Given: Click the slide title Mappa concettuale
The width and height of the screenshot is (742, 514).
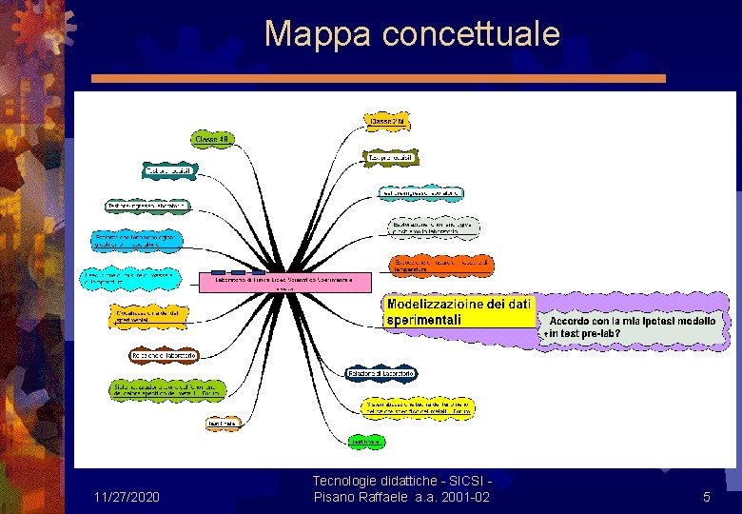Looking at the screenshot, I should [412, 33].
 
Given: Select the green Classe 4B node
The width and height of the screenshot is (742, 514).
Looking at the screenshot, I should [214, 140].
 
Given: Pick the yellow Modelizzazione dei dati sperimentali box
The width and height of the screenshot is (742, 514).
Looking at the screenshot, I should [459, 312].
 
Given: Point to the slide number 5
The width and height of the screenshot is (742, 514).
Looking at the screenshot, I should [706, 497].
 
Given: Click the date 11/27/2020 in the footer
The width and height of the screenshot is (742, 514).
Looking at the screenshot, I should [127, 497].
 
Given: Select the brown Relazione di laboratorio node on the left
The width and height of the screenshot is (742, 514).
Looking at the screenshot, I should [164, 355].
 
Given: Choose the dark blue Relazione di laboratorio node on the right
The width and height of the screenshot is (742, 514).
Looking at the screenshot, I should [381, 375].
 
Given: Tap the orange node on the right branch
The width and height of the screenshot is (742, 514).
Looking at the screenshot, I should [442, 265].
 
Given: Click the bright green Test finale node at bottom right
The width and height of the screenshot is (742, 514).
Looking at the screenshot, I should [367, 442].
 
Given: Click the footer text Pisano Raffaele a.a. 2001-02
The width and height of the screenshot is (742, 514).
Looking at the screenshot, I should [401, 497].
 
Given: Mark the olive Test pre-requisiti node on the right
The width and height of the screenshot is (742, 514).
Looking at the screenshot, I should [391, 156].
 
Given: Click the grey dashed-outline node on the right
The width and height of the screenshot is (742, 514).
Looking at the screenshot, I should [434, 227].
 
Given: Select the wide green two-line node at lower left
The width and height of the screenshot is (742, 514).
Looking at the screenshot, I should [165, 388].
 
